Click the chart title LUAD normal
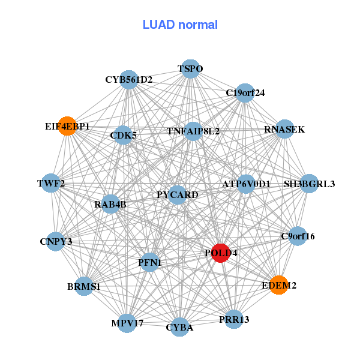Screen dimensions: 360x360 (180, 25)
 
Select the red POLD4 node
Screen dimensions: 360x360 (221, 253)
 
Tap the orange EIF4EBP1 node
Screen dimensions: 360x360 (67, 127)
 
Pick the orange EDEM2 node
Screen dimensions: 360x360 (279, 285)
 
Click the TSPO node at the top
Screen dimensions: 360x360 (190, 69)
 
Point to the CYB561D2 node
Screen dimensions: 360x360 (129, 79)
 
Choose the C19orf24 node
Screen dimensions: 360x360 (245, 93)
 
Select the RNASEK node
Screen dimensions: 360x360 (284, 129)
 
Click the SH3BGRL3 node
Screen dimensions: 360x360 (309, 183)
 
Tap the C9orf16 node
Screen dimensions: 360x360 (298, 236)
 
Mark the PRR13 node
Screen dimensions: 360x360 (234, 319)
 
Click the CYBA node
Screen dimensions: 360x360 (179, 327)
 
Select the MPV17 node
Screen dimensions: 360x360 (127, 323)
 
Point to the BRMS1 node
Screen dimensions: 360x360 (84, 287)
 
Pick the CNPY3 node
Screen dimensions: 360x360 (56, 242)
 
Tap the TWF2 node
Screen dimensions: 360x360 (51, 183)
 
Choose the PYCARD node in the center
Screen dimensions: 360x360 (177, 194)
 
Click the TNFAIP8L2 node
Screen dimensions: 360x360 (193, 131)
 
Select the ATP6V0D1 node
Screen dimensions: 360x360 (246, 184)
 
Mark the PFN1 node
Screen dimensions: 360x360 (149, 262)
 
